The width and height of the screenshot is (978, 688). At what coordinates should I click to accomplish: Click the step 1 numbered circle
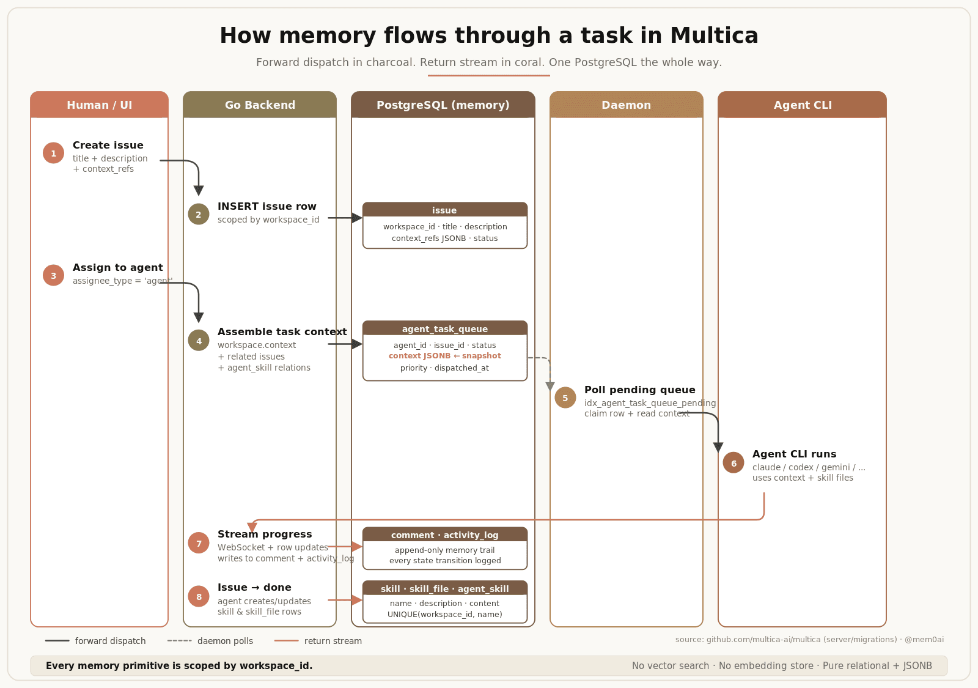point(53,153)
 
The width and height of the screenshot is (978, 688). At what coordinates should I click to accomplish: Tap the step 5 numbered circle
point(565,398)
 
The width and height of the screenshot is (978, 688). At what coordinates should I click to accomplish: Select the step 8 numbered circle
point(199,596)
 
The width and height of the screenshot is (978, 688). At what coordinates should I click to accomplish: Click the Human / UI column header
point(100,105)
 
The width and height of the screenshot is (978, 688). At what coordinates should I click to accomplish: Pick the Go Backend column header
point(260,105)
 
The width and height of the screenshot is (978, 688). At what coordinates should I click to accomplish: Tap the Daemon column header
point(626,105)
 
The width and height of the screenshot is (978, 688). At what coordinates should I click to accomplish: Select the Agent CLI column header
point(802,105)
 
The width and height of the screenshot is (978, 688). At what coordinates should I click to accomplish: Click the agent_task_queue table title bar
point(444,328)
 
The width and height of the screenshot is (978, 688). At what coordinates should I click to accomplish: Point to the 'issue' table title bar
point(444,210)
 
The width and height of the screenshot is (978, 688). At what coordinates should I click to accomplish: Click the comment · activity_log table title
point(444,534)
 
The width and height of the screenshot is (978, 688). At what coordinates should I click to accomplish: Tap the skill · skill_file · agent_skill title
point(444,588)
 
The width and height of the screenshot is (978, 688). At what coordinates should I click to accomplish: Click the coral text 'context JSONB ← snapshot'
point(444,356)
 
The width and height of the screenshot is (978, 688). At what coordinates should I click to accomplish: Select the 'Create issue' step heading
point(108,145)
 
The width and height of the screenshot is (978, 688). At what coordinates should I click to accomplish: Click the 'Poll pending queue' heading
point(639,390)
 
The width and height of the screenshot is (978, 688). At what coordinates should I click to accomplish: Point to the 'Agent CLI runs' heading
point(794,454)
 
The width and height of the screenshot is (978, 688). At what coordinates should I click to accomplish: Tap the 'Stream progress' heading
point(265,534)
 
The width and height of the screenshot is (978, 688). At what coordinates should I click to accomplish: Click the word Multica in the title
point(714,35)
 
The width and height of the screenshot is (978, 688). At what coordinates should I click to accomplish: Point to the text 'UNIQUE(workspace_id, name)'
point(444,615)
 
